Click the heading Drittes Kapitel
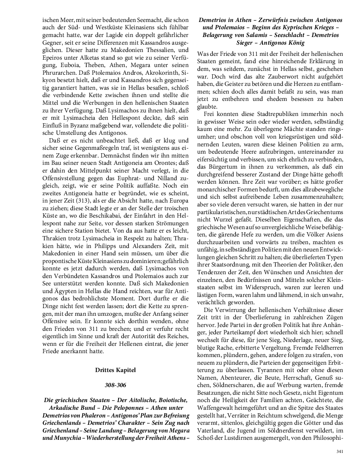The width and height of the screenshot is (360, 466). [115, 370]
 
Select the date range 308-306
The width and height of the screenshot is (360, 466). [115, 385]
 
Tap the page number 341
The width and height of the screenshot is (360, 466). [340, 451]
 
